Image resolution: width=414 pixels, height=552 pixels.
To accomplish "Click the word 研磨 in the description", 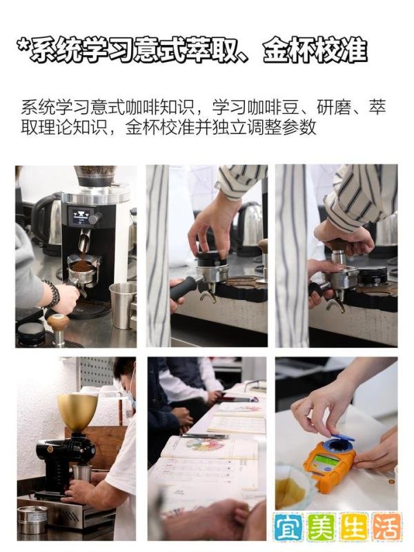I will point(333,108).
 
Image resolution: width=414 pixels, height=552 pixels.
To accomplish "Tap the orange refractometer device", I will point(328,459).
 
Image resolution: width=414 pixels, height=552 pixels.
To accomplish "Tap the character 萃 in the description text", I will point(377,108).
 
